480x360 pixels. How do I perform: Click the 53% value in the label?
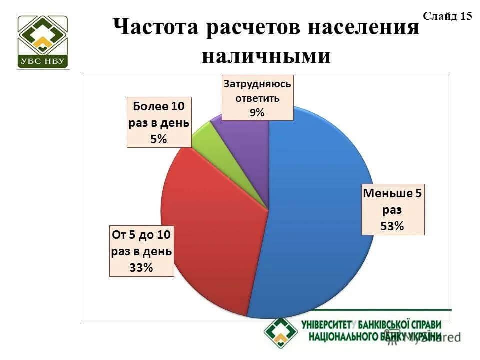(392, 226)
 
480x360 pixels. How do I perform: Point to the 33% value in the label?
(141, 268)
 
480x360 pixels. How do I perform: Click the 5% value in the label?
(159, 139)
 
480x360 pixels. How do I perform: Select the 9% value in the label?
(257, 113)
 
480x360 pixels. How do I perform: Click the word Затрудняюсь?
(257, 83)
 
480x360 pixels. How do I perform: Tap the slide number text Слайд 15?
(447, 16)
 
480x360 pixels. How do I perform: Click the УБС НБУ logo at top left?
(43, 42)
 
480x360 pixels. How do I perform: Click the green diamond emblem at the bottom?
(281, 332)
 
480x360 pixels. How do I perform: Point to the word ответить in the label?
(257, 98)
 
